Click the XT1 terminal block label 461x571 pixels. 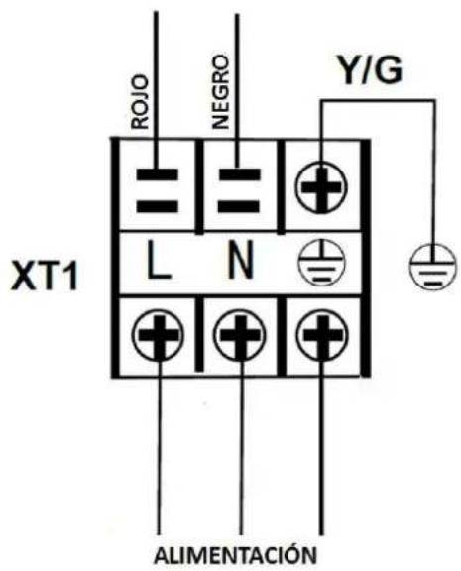coord(45,276)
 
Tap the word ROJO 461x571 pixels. coord(141,102)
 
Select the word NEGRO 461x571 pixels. coord(221,92)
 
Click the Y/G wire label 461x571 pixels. coord(370,70)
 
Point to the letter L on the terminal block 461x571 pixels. coord(159,259)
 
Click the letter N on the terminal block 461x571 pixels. coord(240,260)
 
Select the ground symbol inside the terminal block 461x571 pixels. coord(321,263)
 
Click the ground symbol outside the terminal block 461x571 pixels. coord(432,267)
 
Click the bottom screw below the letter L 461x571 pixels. coord(158,335)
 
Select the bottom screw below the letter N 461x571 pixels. coord(240,335)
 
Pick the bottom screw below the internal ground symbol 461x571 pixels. coord(322,335)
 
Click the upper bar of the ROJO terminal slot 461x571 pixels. coord(158,174)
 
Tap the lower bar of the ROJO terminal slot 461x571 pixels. coord(158,206)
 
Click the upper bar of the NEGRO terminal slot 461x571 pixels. coord(239,174)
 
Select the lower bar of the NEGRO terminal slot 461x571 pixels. coord(239,206)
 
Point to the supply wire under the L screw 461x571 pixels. coord(159,449)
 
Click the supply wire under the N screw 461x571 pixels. coord(240,449)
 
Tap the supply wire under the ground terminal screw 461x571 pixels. coord(321,449)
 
